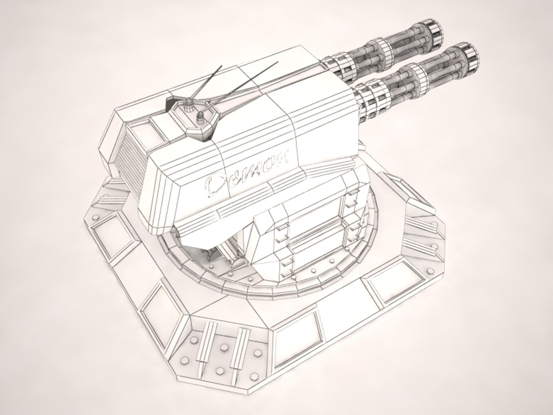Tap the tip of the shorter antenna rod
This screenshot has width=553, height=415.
click(222, 66)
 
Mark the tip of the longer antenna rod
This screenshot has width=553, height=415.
click(277, 63)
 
